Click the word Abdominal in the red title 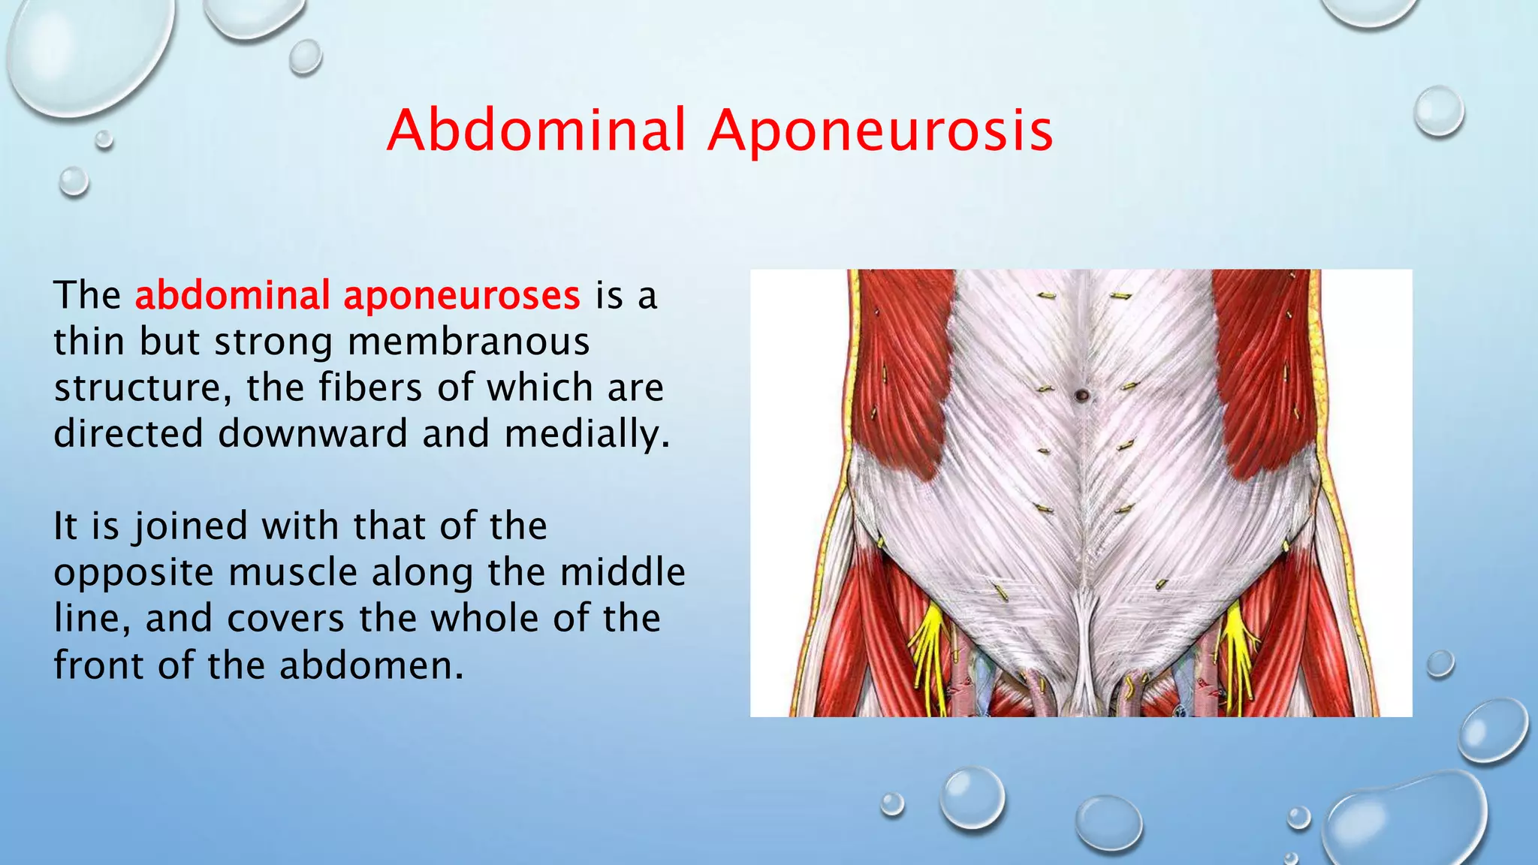(x=536, y=130)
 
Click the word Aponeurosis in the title (x=881, y=131)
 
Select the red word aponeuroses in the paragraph (x=462, y=295)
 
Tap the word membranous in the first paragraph (x=469, y=342)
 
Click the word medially (x=587, y=435)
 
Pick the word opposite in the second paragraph (x=133, y=574)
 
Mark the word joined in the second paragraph (x=189, y=526)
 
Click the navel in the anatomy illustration (x=1081, y=395)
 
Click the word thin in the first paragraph (x=89, y=342)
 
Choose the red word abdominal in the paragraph (x=232, y=295)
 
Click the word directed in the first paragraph (x=128, y=434)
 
